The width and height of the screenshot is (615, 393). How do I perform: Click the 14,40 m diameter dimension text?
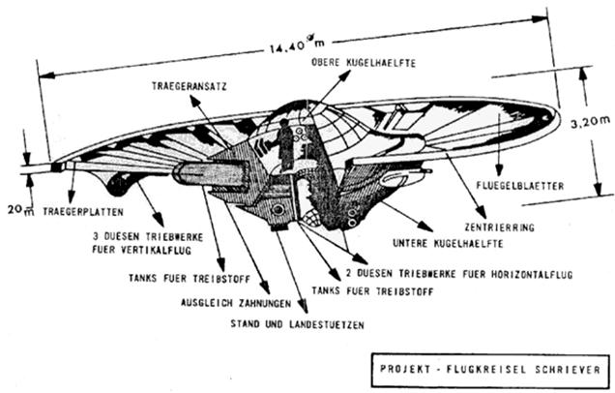point(297,44)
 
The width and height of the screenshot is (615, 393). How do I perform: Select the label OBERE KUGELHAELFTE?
point(364,62)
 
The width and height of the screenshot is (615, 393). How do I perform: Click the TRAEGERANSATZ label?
point(190,86)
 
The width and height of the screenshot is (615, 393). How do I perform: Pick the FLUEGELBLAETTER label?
point(520,185)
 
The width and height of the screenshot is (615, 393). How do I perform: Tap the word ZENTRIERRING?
point(500,227)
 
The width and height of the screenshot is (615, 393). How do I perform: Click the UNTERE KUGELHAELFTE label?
point(448,243)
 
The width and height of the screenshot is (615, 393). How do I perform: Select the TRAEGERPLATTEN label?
point(83,212)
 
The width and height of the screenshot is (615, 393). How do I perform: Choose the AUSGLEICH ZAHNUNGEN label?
point(236,303)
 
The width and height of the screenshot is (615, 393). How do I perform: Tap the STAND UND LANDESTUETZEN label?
point(297,324)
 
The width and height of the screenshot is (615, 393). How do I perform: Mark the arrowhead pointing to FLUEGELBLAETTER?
point(499,170)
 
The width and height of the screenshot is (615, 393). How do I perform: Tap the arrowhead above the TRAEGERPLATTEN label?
point(71,196)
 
